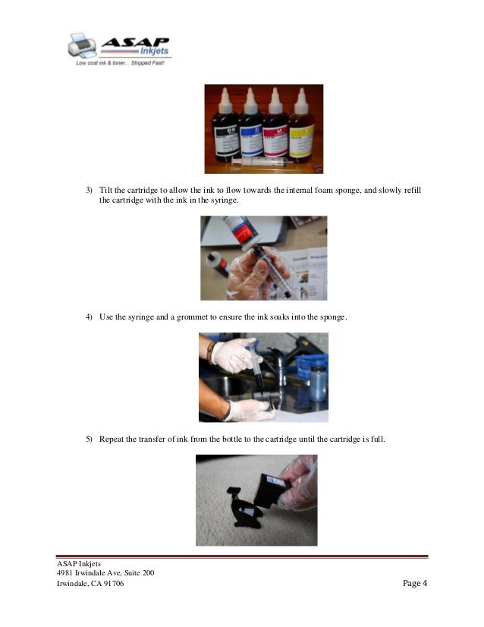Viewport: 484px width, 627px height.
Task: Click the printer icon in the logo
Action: pos(81,46)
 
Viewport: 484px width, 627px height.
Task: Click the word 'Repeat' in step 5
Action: pos(112,438)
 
